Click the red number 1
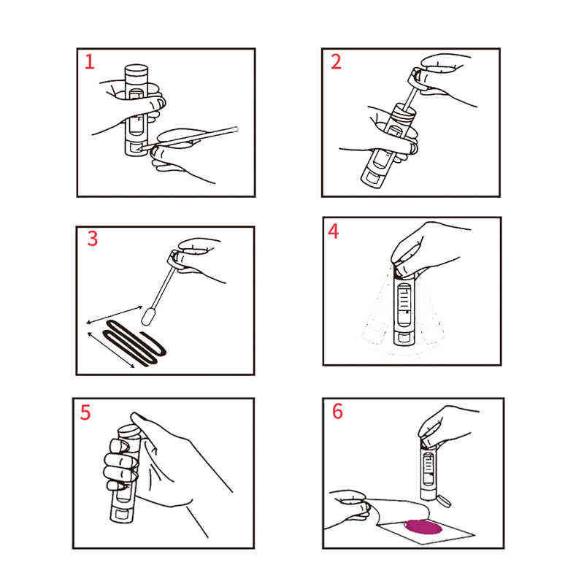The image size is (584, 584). pos(89,62)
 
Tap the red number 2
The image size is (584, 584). pos(336,62)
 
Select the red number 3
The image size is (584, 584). pos(93,239)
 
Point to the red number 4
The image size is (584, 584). pos(334,231)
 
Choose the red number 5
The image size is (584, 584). pos(85,412)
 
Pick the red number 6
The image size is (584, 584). pos(337,411)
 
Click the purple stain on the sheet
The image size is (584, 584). pos(423,526)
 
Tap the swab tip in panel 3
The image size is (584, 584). pos(147,316)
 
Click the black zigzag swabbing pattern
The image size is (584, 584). pos(134,342)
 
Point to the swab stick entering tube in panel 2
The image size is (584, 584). pos(410,97)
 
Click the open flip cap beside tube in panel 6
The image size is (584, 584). pos(444,501)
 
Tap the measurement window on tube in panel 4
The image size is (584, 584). pos(404,304)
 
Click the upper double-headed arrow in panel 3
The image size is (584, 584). pos(115,315)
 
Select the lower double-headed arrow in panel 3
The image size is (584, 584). pos(111,350)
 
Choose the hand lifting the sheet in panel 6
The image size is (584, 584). pos(347,508)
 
